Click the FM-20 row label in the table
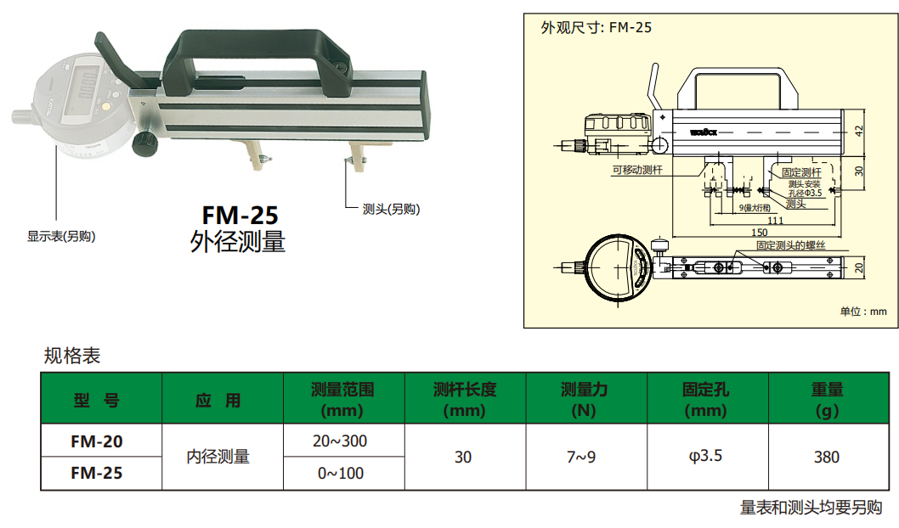click(x=96, y=441)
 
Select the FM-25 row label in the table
click(x=96, y=473)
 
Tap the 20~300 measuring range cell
click(x=342, y=441)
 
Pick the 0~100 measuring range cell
click(x=342, y=473)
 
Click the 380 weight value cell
click(x=826, y=457)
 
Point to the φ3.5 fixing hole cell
click(x=705, y=457)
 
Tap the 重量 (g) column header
click(x=826, y=400)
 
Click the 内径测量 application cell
click(x=218, y=457)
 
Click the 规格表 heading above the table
click(x=72, y=356)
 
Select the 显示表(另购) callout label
click(x=61, y=237)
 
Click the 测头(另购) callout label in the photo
click(x=391, y=210)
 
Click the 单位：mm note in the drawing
click(x=862, y=312)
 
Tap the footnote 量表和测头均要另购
click(x=811, y=508)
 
